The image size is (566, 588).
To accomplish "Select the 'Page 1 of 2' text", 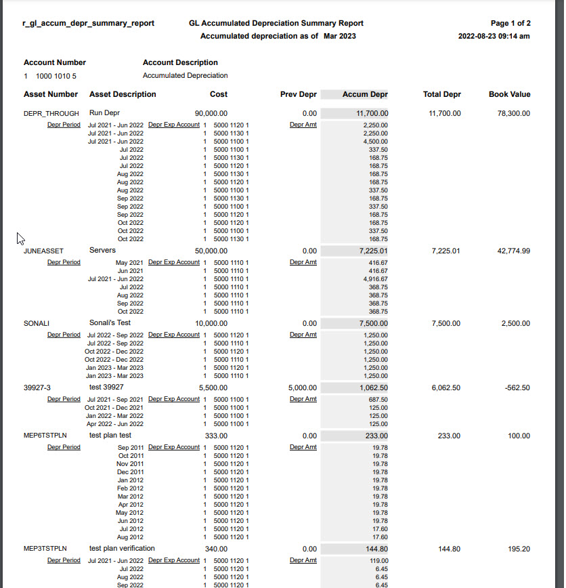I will click(510, 23).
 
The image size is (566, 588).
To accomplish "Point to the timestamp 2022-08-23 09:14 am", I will click(494, 36).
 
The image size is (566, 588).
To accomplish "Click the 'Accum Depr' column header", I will click(365, 95).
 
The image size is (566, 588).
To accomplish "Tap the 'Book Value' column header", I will click(509, 95).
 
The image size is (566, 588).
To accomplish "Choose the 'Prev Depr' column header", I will click(298, 95).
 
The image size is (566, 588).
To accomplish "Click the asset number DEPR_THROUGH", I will click(51, 113).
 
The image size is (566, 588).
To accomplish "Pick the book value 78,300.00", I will click(513, 114).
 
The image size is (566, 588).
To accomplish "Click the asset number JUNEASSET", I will click(43, 251).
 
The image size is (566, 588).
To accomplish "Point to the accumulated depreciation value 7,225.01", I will click(373, 251).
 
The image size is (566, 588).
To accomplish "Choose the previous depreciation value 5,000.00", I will click(302, 388).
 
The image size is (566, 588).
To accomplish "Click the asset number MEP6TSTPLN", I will click(45, 436).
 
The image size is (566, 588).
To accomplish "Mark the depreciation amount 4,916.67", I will click(375, 279).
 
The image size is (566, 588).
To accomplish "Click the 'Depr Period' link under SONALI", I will click(64, 335).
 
